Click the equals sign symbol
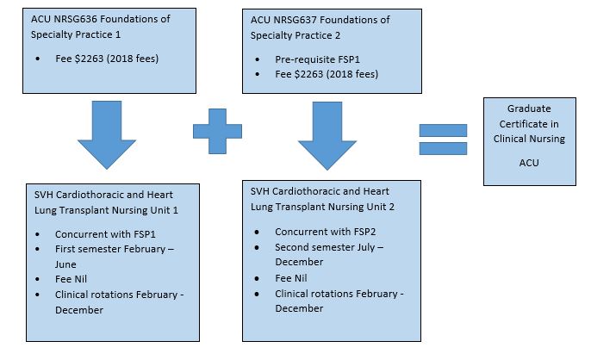coord(442,139)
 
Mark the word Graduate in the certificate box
coord(529,109)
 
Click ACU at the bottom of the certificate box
coord(529,162)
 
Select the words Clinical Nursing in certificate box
coord(529,139)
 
